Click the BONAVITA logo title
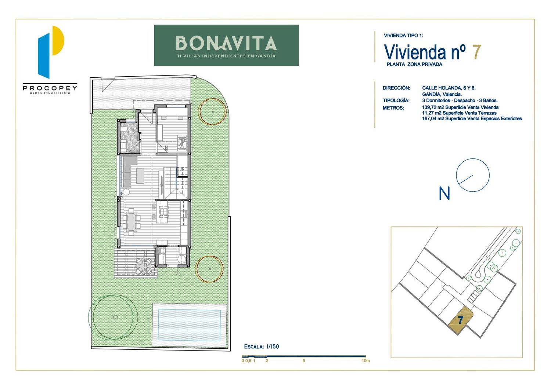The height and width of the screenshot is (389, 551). click(x=226, y=43)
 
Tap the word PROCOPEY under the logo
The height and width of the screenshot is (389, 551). click(x=50, y=88)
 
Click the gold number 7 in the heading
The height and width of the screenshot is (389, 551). click(x=476, y=52)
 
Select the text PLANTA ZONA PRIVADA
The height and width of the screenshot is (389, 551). click(x=414, y=64)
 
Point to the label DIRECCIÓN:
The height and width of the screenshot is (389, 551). click(x=396, y=88)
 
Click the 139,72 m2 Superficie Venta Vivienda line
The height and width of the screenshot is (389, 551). click(x=460, y=107)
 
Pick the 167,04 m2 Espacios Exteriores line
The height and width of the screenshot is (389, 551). click(x=472, y=119)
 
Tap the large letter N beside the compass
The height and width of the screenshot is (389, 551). click(x=444, y=193)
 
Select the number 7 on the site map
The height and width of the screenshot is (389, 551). click(x=461, y=320)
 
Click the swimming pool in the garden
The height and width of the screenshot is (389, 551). click(x=189, y=325)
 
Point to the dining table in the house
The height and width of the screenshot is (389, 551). click(x=132, y=222)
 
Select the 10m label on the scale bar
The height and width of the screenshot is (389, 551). click(x=365, y=361)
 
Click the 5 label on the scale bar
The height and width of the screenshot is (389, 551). click(x=304, y=361)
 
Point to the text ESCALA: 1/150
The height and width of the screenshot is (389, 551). click(x=262, y=346)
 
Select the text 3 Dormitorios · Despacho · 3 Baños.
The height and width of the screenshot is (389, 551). click(x=460, y=100)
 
